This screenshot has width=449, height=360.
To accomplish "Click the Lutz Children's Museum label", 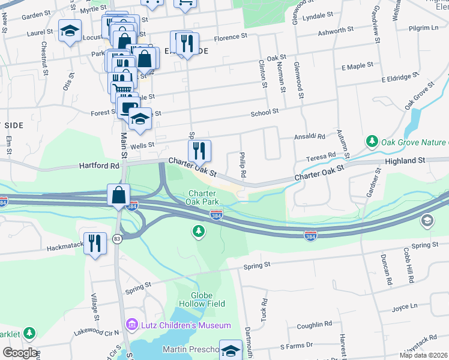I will [x=185, y=325].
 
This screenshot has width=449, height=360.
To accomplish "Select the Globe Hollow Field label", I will [x=208, y=299].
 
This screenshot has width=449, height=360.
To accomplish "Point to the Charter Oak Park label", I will [x=206, y=197].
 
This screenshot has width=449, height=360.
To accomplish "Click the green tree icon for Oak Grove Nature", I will [x=372, y=142].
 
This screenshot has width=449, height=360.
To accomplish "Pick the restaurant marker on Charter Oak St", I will [x=199, y=151].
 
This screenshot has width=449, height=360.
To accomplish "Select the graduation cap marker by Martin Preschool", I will [x=231, y=350].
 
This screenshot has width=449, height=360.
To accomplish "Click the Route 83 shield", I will [x=116, y=239].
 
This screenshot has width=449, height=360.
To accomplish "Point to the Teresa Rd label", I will [x=321, y=156].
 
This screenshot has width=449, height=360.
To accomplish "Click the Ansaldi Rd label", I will [x=309, y=137].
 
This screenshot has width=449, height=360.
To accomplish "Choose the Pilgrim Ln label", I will [x=423, y=28].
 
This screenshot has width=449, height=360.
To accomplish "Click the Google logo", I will [x=20, y=353].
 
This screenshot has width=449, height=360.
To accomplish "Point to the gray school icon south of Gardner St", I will [x=427, y=221].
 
